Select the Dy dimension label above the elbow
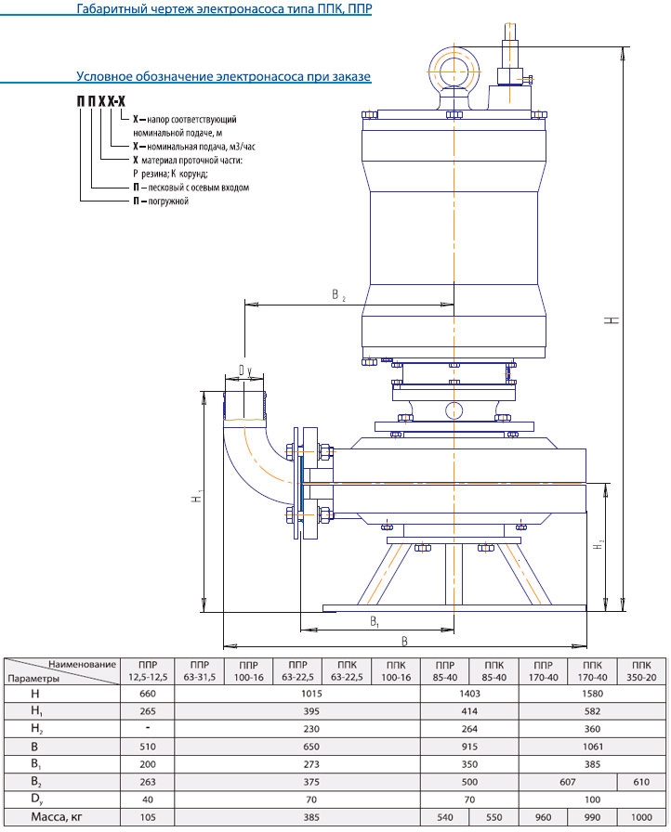tap(244, 370)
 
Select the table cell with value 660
tap(148, 694)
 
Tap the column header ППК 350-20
tap(635, 671)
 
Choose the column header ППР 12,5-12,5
tap(148, 671)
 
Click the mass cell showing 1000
tap(635, 817)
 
